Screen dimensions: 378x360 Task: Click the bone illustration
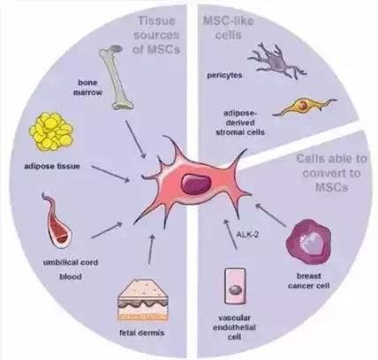[116, 77]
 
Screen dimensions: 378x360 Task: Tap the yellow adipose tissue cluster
[51, 131]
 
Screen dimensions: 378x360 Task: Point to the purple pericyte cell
[276, 61]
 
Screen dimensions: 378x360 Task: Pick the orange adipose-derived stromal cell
[303, 107]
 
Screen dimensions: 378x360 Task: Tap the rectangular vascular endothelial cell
[235, 286]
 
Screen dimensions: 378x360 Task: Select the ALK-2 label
[247, 235]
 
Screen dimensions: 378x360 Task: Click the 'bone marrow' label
[87, 87]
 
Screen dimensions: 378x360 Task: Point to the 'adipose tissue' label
[52, 166]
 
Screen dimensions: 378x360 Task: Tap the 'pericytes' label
[224, 75]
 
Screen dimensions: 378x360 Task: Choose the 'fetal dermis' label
[142, 333]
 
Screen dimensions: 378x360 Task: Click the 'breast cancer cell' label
[308, 281]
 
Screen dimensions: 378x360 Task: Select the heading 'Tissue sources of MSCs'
[156, 35]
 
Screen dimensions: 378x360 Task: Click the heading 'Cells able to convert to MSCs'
[331, 173]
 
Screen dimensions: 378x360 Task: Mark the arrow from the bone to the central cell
[136, 139]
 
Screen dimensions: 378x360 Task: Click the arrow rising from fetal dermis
[151, 249]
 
